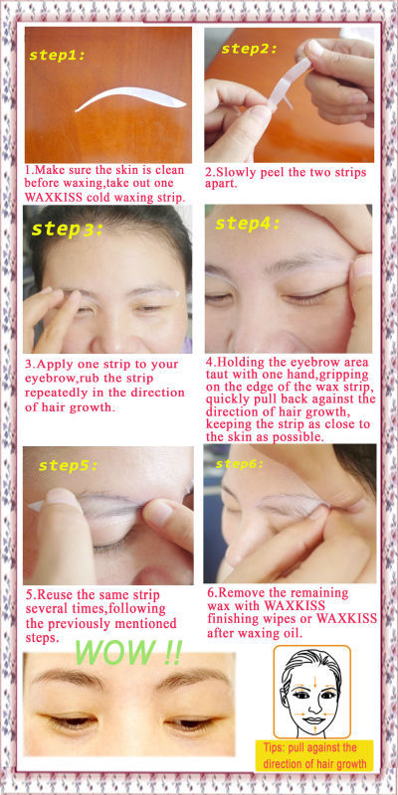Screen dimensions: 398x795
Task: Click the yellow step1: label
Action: pos(58,56)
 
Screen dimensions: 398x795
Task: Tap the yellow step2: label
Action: pos(250,49)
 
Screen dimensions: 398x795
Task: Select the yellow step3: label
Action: pos(67,229)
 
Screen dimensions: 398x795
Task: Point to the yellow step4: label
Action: pos(248,224)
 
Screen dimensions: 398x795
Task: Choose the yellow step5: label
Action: pos(68,465)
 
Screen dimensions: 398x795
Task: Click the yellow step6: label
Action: pos(240,463)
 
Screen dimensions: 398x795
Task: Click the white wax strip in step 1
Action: pos(131,98)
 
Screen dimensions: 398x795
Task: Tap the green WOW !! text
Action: pos(127,652)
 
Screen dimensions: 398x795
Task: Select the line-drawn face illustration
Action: pos(312,692)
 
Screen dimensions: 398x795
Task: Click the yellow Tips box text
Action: pos(313,755)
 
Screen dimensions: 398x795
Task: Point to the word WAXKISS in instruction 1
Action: pos(51,196)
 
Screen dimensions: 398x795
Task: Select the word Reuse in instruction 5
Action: pos(56,594)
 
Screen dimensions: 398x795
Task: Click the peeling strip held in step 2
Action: pos(289,82)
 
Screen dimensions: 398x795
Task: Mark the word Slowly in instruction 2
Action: pos(237,172)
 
